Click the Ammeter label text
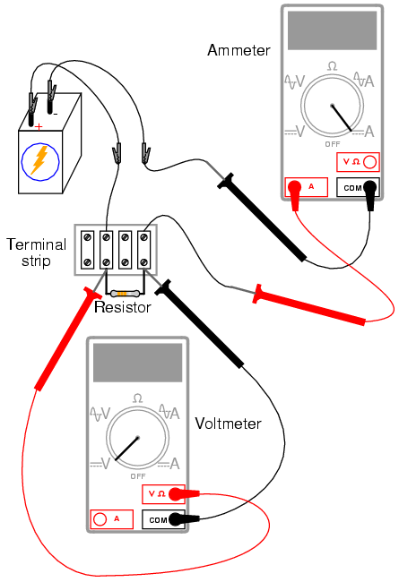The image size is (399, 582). click(x=239, y=50)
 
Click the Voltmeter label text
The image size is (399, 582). click(x=229, y=424)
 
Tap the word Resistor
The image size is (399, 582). click(x=122, y=307)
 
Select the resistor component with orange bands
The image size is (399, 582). click(x=125, y=294)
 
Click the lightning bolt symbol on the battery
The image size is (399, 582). click(x=39, y=160)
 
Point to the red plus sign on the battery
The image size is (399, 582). click(x=39, y=127)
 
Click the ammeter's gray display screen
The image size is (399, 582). click(x=332, y=30)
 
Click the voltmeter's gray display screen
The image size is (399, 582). click(x=137, y=363)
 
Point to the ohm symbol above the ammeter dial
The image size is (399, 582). click(x=332, y=66)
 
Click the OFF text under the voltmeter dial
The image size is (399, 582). click(x=138, y=476)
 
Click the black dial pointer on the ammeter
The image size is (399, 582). click(x=342, y=118)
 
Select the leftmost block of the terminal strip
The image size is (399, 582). click(x=87, y=250)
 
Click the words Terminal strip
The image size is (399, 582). click(x=36, y=252)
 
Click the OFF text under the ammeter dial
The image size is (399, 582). click(x=333, y=144)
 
